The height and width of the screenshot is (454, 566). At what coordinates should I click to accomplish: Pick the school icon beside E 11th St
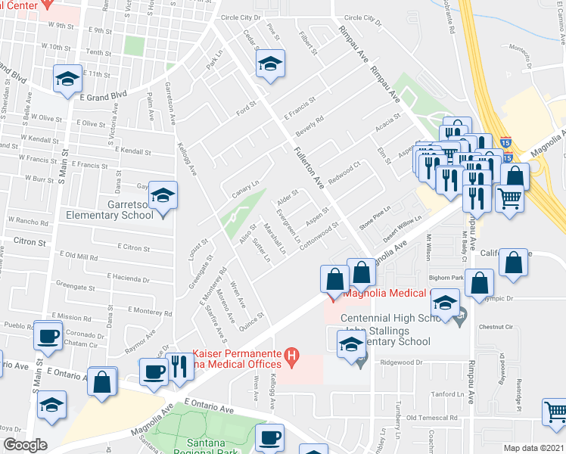(x=67, y=78)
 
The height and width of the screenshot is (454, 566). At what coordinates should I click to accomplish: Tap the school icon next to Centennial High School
(x=445, y=304)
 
